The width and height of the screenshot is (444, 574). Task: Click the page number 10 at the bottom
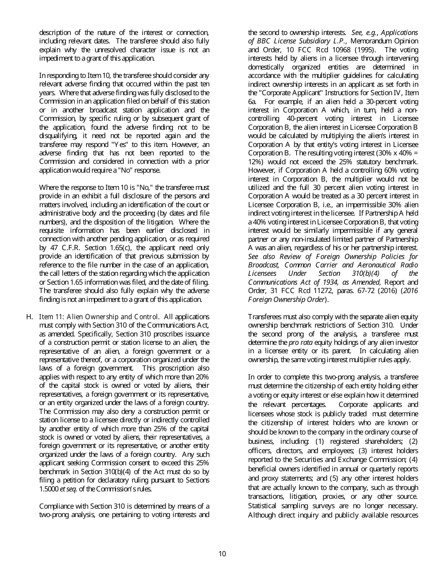pos(222,554)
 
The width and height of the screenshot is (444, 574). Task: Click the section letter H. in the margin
pos(29,317)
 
